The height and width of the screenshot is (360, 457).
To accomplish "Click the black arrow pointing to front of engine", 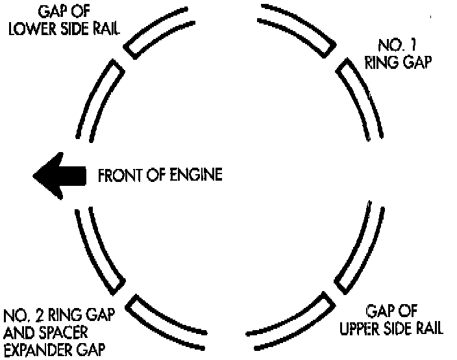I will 59,175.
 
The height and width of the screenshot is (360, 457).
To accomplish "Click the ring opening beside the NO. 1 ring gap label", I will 336,58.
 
